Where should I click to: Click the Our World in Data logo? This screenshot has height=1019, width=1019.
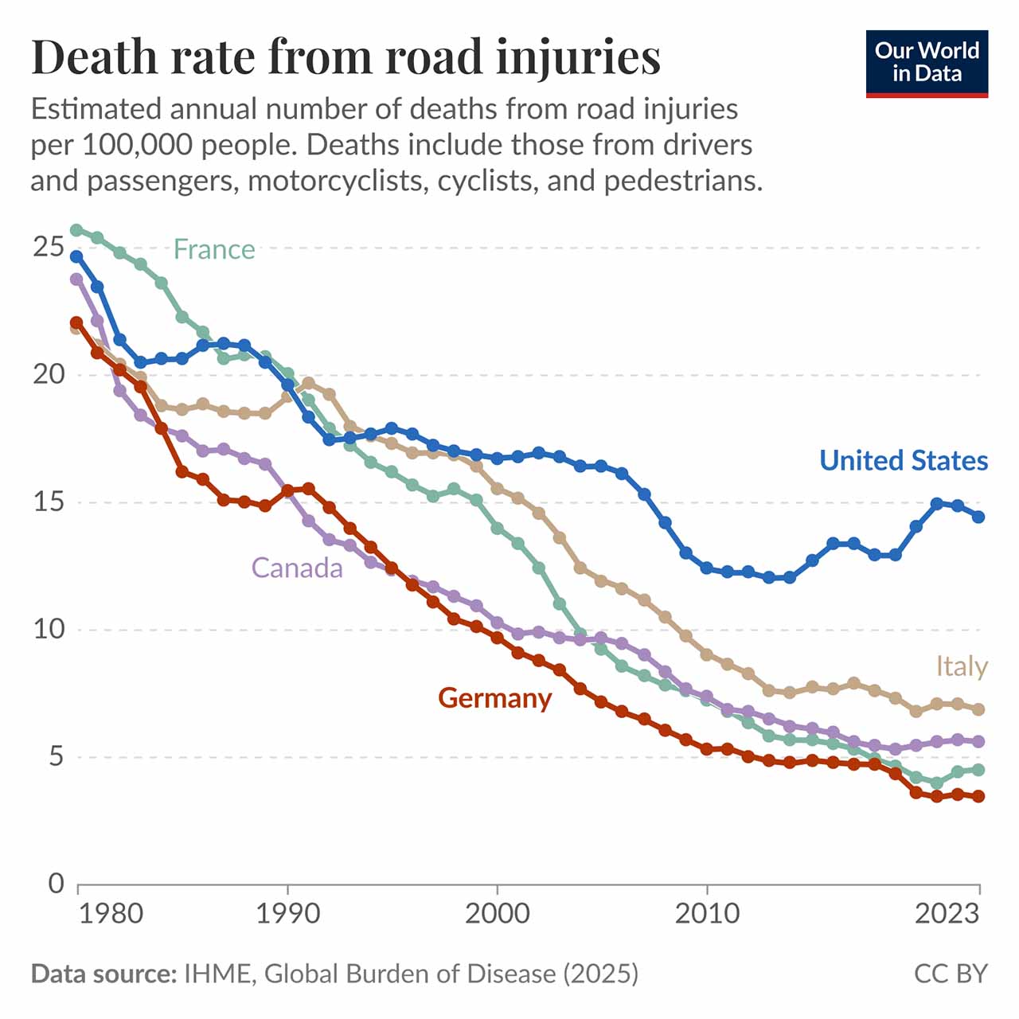(927, 64)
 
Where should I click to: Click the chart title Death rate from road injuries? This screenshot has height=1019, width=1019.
(346, 57)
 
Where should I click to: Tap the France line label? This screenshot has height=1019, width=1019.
(214, 249)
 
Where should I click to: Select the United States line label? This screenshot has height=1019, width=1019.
(904, 460)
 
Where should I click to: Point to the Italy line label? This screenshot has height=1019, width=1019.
(962, 667)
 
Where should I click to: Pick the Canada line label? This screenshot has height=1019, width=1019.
(297, 568)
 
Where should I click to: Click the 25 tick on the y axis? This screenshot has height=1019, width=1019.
(48, 247)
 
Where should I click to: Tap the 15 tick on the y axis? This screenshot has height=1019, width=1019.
(48, 502)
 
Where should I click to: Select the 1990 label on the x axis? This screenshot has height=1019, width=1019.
(287, 914)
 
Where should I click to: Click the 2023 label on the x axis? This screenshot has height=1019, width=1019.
(947, 914)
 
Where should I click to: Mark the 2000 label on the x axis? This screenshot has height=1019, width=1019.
(497, 914)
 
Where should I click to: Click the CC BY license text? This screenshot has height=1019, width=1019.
(951, 974)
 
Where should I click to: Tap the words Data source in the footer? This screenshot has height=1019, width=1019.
(103, 974)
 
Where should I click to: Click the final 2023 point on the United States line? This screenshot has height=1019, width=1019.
(979, 517)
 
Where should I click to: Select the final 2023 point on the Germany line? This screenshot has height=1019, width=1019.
(979, 796)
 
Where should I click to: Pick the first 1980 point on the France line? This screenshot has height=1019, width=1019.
(76, 230)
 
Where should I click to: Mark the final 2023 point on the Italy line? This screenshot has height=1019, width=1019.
(979, 709)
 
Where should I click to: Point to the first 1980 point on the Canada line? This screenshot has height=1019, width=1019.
(76, 279)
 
